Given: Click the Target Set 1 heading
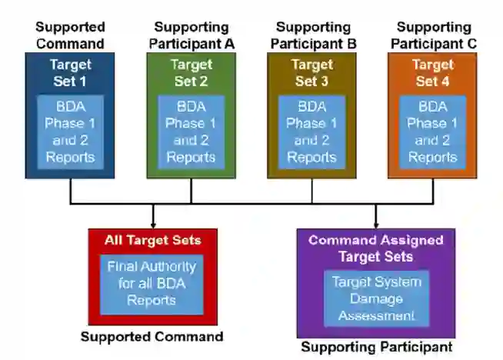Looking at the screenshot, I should click(x=70, y=72).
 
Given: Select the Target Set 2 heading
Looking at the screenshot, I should click(x=191, y=72).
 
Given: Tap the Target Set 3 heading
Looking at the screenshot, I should click(x=312, y=72).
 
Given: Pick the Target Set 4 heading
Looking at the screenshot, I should click(x=433, y=72).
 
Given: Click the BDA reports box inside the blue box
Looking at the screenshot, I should click(x=70, y=132).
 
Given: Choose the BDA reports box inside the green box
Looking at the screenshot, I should click(x=191, y=132).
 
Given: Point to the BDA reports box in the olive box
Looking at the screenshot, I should click(x=312, y=132).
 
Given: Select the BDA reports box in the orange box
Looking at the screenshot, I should click(x=433, y=132).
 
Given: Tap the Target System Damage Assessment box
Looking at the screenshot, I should click(x=375, y=298).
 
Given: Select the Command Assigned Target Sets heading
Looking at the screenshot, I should click(x=375, y=248).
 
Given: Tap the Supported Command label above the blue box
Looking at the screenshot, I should click(x=70, y=35).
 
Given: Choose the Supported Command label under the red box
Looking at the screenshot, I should click(x=152, y=336).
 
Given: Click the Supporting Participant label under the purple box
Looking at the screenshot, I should click(x=376, y=347).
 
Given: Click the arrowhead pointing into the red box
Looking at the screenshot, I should click(x=154, y=222).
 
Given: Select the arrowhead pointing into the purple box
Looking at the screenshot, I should click(x=375, y=222).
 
